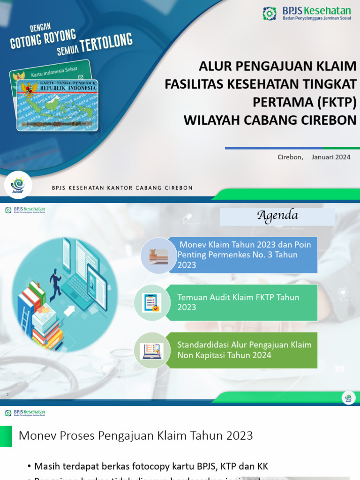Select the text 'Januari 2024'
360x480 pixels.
(x=331, y=157)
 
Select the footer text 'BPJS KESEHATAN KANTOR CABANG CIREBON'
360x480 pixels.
(x=122, y=188)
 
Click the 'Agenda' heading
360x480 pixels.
(x=277, y=216)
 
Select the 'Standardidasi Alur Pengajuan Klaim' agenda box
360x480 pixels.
(x=246, y=350)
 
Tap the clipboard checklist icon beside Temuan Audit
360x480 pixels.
(x=151, y=302)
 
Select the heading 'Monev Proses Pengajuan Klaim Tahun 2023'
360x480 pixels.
(x=136, y=436)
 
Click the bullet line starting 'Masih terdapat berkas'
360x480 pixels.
(x=151, y=466)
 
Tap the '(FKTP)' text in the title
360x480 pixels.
(x=337, y=102)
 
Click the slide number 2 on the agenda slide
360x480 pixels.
(x=7, y=395)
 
